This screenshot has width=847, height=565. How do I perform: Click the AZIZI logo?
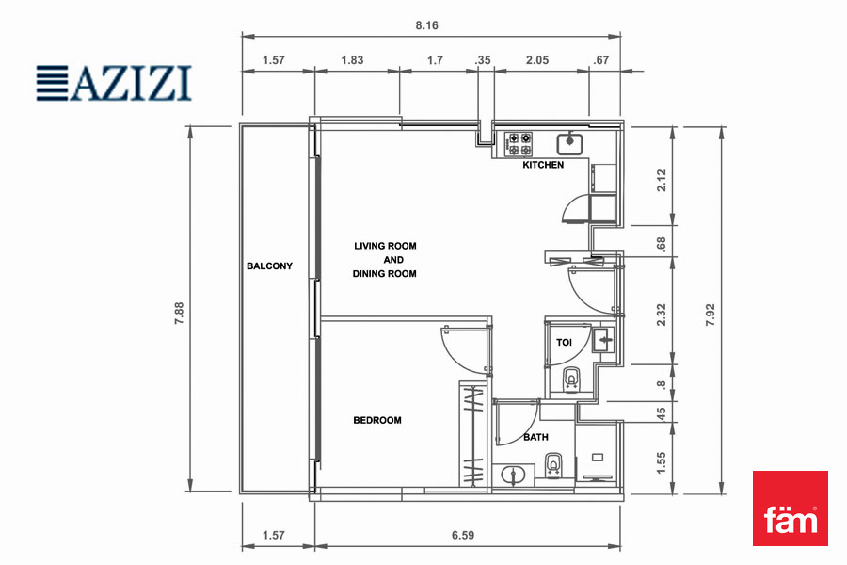114,83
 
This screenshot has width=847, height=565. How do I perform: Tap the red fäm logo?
791,508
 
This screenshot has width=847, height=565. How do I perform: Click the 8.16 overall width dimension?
426,25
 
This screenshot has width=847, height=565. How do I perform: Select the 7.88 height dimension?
179,313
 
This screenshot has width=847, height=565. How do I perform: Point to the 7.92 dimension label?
710,315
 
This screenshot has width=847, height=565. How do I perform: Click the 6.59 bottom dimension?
463,535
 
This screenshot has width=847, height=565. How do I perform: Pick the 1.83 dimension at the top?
352,60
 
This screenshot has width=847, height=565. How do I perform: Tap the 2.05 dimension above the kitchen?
537,60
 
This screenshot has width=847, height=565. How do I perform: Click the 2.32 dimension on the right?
662,315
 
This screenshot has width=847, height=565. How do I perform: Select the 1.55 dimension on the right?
662,462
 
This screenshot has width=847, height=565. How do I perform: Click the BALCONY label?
269,266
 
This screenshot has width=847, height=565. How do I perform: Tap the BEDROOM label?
377,420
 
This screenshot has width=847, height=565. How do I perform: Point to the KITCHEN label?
543,165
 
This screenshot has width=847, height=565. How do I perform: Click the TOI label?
564,342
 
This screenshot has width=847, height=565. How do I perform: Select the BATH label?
535,437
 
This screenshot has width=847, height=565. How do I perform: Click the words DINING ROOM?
385,274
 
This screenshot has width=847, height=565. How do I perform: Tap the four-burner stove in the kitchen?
519,144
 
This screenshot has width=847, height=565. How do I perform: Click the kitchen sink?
569,143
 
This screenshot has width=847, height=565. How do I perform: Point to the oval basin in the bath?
512,475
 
